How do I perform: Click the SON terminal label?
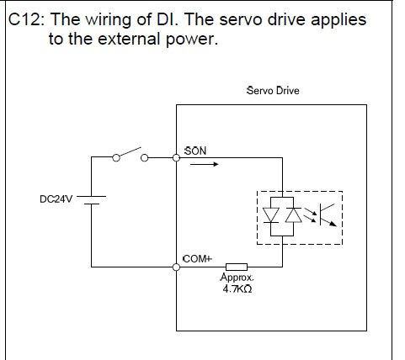pos(195,151)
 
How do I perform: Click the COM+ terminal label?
pos(197,258)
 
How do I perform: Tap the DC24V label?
pos(56,199)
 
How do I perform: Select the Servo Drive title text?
pos(273,91)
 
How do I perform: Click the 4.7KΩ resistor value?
pos(237,289)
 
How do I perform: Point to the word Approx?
pos(237,277)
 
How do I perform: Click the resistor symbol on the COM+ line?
pos(237,267)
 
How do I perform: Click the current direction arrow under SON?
pos(204,164)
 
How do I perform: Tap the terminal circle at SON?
pos(176,158)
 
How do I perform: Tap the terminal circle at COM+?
pos(176,267)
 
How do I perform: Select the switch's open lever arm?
pos(130,151)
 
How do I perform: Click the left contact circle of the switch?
pos(116,158)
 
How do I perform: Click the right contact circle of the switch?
pos(144,158)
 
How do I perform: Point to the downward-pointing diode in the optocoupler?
pos(271,215)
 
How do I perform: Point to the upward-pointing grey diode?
pos(293,215)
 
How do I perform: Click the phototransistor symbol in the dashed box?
pos(327,214)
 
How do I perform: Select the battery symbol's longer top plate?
pos(91,196)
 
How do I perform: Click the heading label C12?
pos(26,20)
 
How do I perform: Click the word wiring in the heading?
pos(109,20)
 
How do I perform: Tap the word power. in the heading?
pos(192,40)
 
